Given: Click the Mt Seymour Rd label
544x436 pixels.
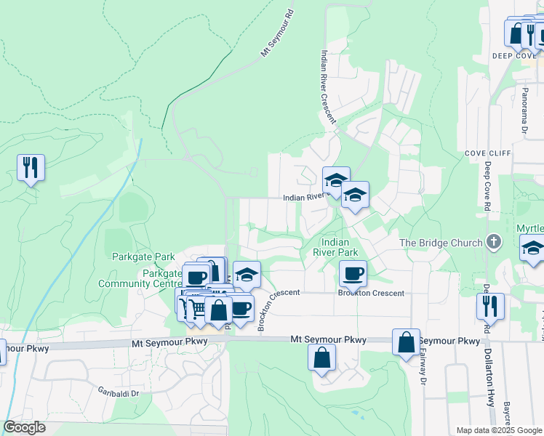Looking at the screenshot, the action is [x=277, y=33].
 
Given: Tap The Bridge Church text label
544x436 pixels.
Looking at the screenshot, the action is [x=441, y=243].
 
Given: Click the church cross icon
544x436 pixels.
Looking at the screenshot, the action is [x=493, y=241].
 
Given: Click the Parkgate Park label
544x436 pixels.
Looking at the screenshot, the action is [x=143, y=257].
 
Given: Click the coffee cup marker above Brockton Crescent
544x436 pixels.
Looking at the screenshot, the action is [x=353, y=273].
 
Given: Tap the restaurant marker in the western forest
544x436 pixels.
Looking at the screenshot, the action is [x=31, y=168].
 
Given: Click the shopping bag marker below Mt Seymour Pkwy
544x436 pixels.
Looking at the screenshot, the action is [x=321, y=358].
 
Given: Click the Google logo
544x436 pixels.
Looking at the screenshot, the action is [x=24, y=427].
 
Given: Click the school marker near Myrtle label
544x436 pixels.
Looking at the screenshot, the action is [x=533, y=248].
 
